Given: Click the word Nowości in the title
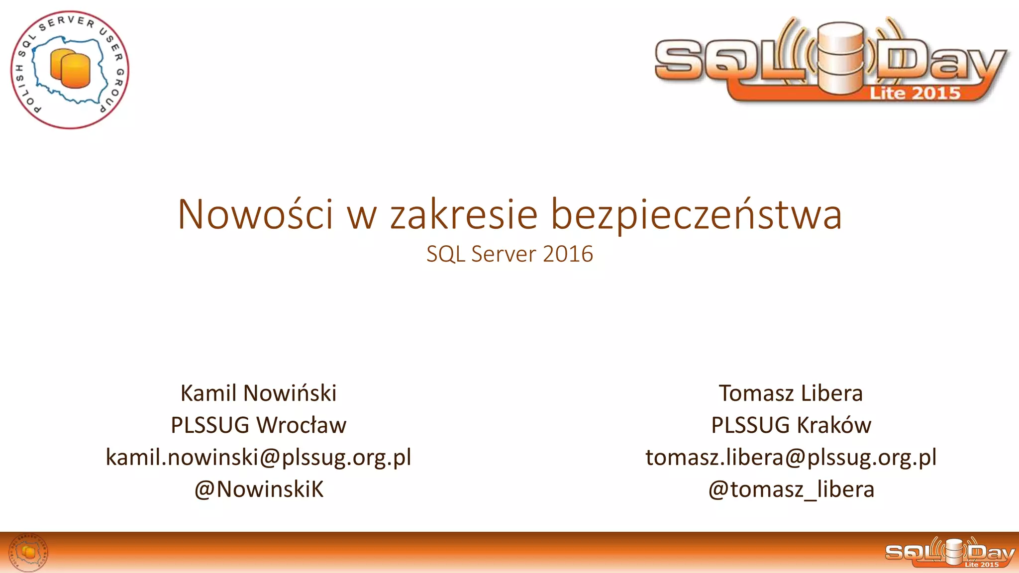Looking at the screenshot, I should pyautogui.click(x=255, y=214).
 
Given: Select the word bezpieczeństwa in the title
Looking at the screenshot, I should pyautogui.click(x=697, y=215).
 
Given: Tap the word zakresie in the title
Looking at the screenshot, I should pyautogui.click(x=464, y=214).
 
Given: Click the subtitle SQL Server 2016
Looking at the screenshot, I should pyautogui.click(x=509, y=254).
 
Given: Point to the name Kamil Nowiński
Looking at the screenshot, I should pyautogui.click(x=258, y=393).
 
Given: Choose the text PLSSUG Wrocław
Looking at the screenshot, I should pyautogui.click(x=258, y=425).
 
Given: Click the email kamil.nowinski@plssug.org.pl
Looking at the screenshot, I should pyautogui.click(x=258, y=457).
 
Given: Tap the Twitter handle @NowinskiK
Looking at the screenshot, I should pyautogui.click(x=258, y=489).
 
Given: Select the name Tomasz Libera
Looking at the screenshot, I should pyautogui.click(x=791, y=393).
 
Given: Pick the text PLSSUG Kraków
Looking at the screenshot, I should pyautogui.click(x=791, y=425).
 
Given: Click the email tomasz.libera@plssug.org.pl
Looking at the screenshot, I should pyautogui.click(x=791, y=457).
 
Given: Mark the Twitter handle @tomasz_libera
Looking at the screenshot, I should pyautogui.click(x=791, y=489).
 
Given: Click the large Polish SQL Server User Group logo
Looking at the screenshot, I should pyautogui.click(x=70, y=70).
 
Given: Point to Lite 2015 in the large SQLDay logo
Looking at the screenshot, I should pyautogui.click(x=915, y=93).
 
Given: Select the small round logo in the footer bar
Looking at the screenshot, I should pyautogui.click(x=29, y=552).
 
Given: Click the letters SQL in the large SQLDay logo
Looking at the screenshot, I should pyautogui.click(x=729, y=62).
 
